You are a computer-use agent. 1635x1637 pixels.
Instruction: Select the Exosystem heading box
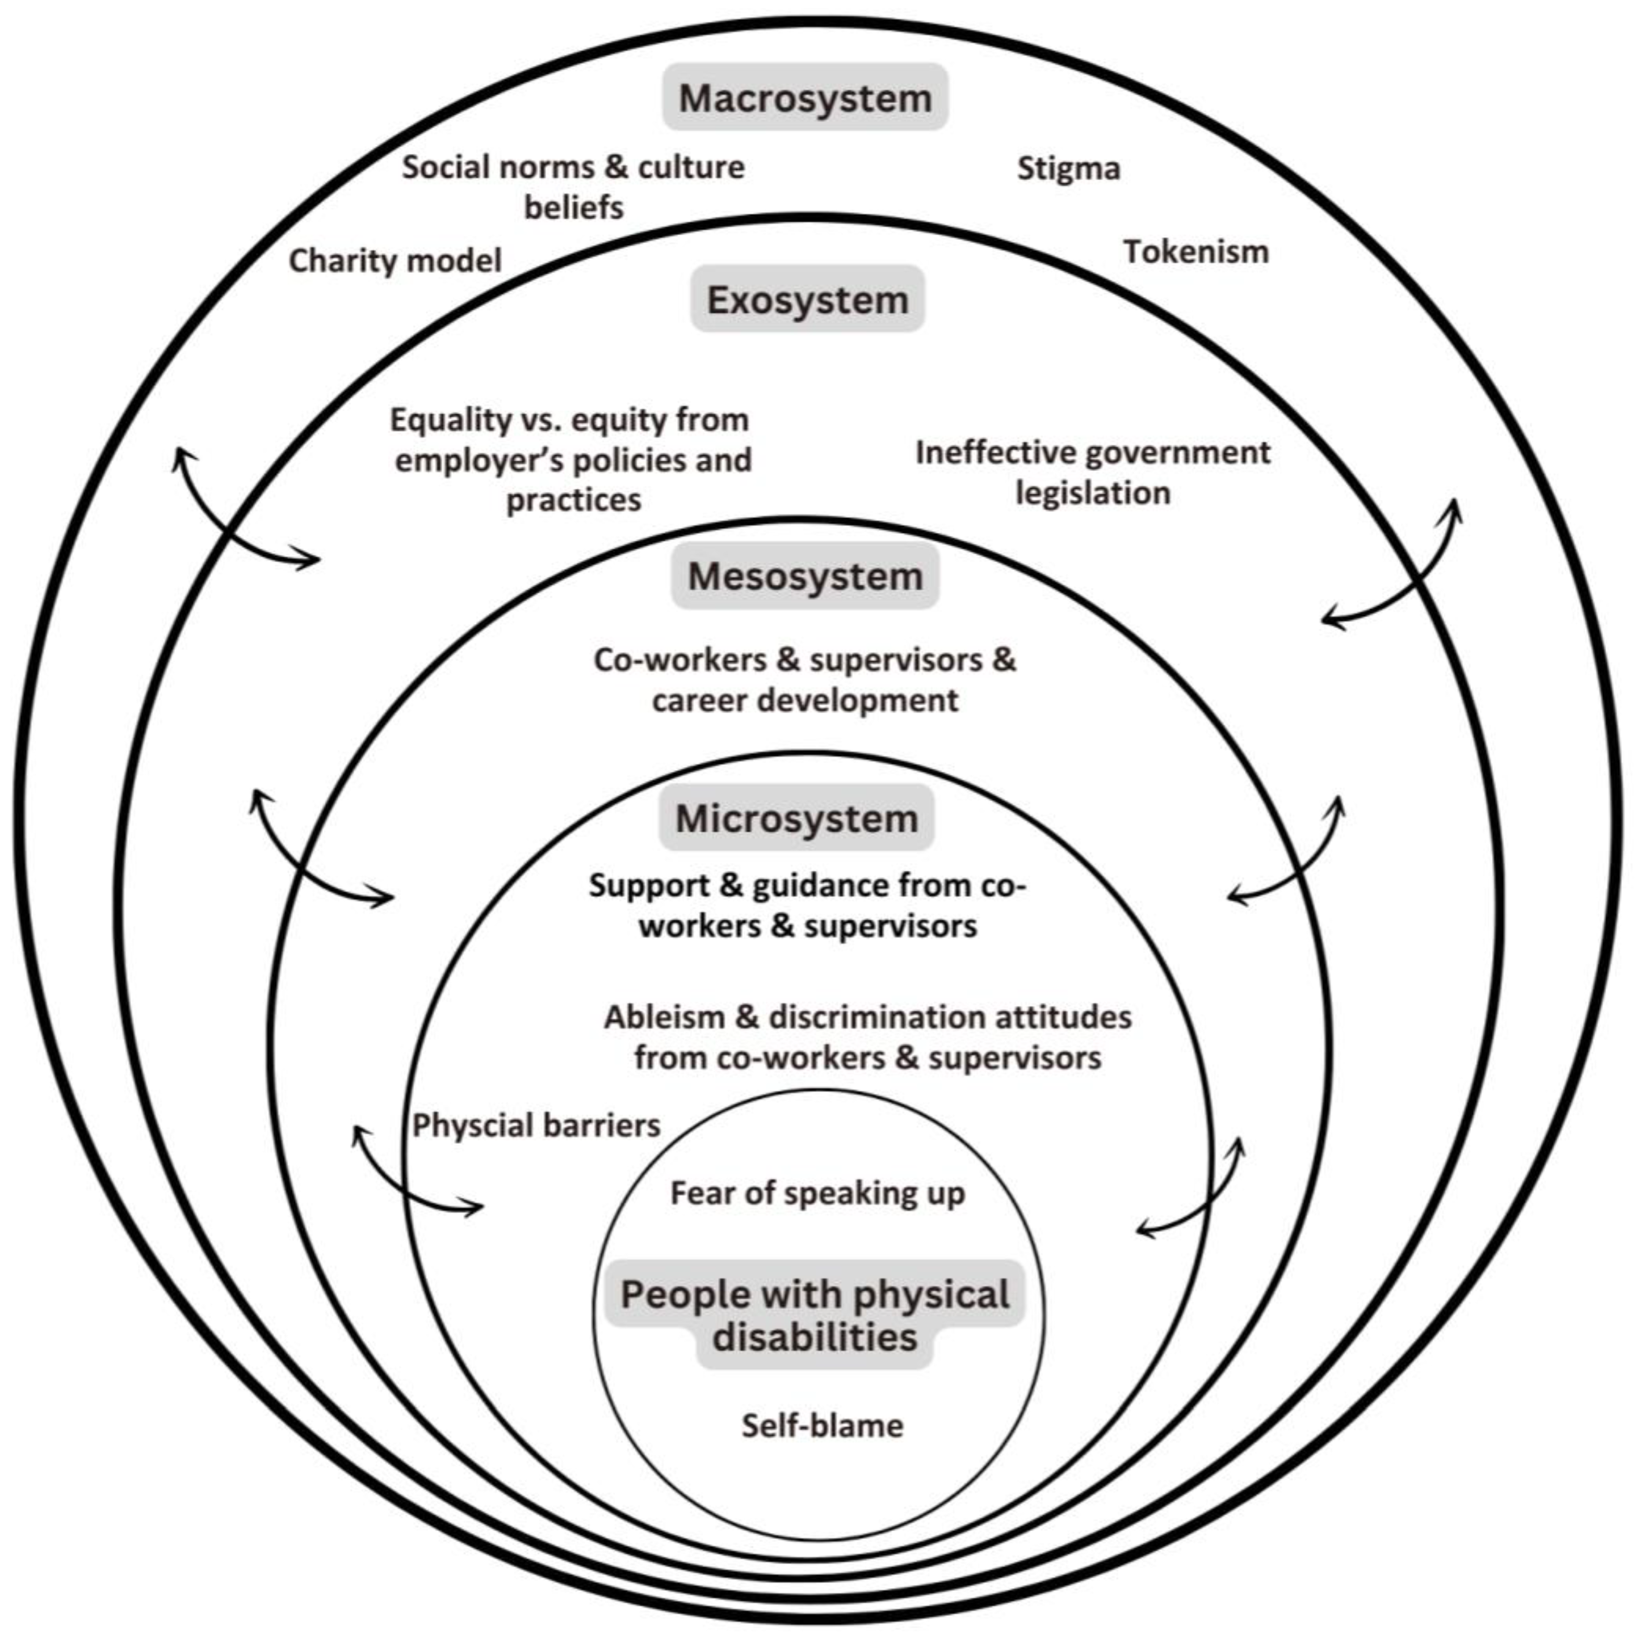point(807,299)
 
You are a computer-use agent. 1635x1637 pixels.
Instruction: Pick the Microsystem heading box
point(796,818)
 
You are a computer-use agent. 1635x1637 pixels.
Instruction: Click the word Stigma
point(1068,169)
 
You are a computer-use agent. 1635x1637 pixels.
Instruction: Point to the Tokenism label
point(1195,251)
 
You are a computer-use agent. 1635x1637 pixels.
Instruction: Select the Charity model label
point(395,260)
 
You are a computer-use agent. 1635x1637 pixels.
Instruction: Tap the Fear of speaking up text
point(817,1193)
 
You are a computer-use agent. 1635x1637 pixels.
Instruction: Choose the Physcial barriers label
point(536,1125)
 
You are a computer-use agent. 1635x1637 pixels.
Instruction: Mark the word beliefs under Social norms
point(574,207)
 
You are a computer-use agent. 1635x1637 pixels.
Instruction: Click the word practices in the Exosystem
point(574,500)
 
